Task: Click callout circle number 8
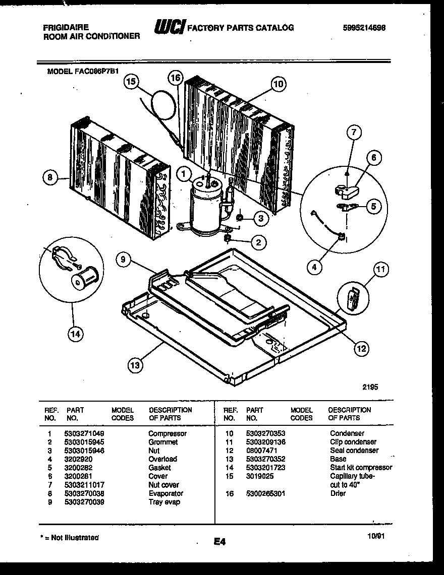pyautogui.click(x=48, y=177)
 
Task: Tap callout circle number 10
pyautogui.click(x=278, y=84)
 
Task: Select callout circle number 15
pyautogui.click(x=131, y=82)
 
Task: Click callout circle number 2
pyautogui.click(x=258, y=243)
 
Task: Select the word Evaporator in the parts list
pyautogui.click(x=165, y=493)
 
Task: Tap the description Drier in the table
pyautogui.click(x=338, y=493)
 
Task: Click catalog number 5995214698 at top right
pyautogui.click(x=364, y=28)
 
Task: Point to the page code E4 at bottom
pyautogui.click(x=219, y=542)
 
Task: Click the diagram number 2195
pyautogui.click(x=370, y=388)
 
